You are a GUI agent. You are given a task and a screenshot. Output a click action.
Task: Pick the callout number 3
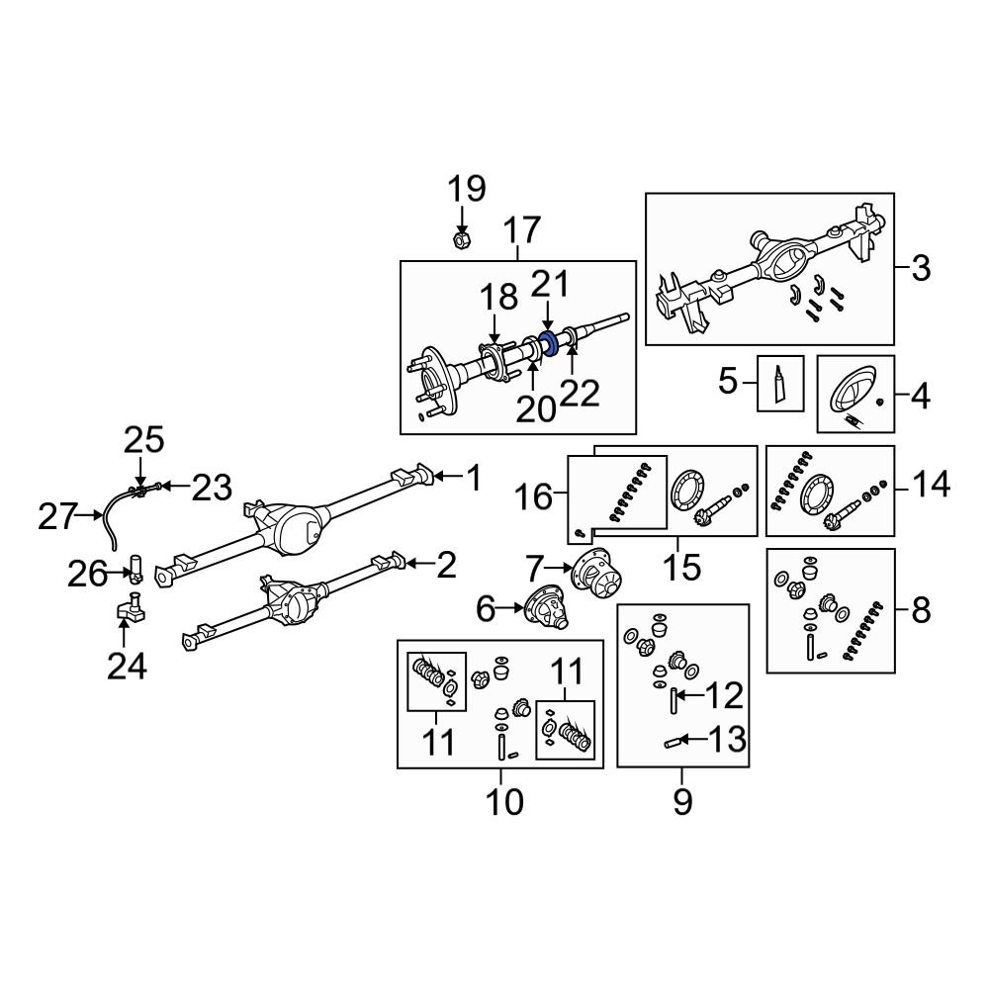pyautogui.click(x=920, y=268)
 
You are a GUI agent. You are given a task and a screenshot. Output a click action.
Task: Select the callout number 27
pyautogui.click(x=56, y=516)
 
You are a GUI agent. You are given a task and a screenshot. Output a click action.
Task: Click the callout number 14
pyautogui.click(x=931, y=485)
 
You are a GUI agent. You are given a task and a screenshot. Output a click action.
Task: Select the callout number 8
pyautogui.click(x=921, y=611)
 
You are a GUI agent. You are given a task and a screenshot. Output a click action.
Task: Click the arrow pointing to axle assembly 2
pyautogui.click(x=416, y=565)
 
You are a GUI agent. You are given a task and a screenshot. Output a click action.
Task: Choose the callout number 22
pyautogui.click(x=580, y=393)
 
